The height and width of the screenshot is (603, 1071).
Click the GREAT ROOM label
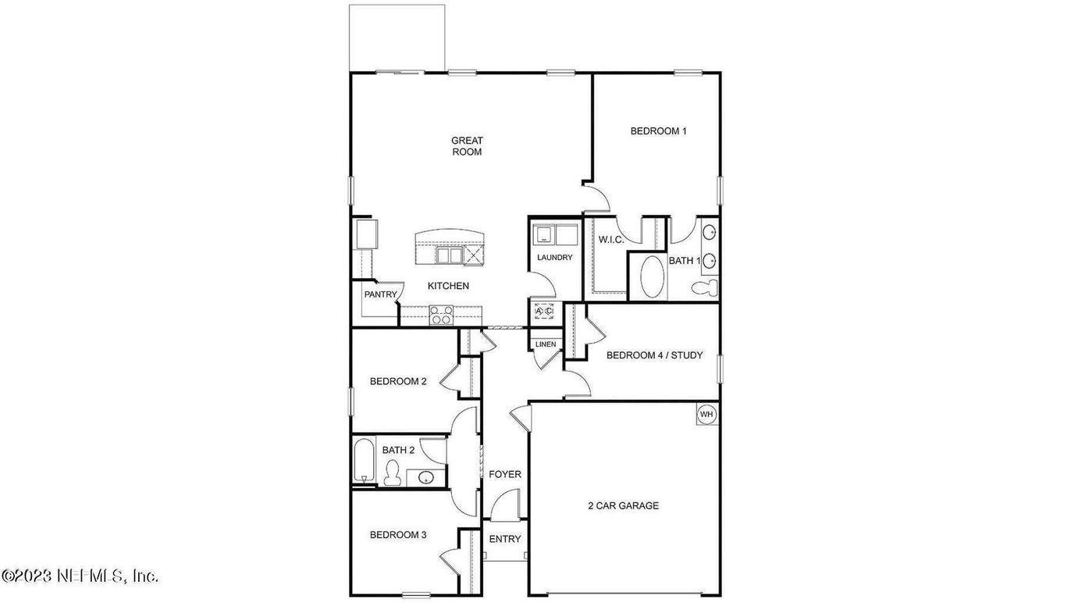point(467,146)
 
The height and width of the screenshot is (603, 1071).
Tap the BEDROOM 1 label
point(658,131)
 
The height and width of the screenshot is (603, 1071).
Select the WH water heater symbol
point(706,414)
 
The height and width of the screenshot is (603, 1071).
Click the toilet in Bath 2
point(393,472)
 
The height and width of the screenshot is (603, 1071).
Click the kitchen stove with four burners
point(441,315)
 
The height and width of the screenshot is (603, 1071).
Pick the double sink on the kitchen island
point(449,255)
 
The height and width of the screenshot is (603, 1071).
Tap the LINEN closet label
point(546,344)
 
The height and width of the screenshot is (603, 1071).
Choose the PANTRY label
point(381,294)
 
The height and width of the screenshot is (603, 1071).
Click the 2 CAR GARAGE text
point(623,505)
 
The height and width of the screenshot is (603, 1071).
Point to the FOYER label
point(504,474)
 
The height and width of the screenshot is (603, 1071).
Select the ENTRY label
point(504,539)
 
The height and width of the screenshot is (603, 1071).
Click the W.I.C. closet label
point(611,239)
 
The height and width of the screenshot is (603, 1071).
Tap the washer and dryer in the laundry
point(556,234)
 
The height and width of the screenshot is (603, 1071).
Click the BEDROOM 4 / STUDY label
point(654,355)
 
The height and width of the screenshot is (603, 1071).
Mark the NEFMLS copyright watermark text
point(80,576)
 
